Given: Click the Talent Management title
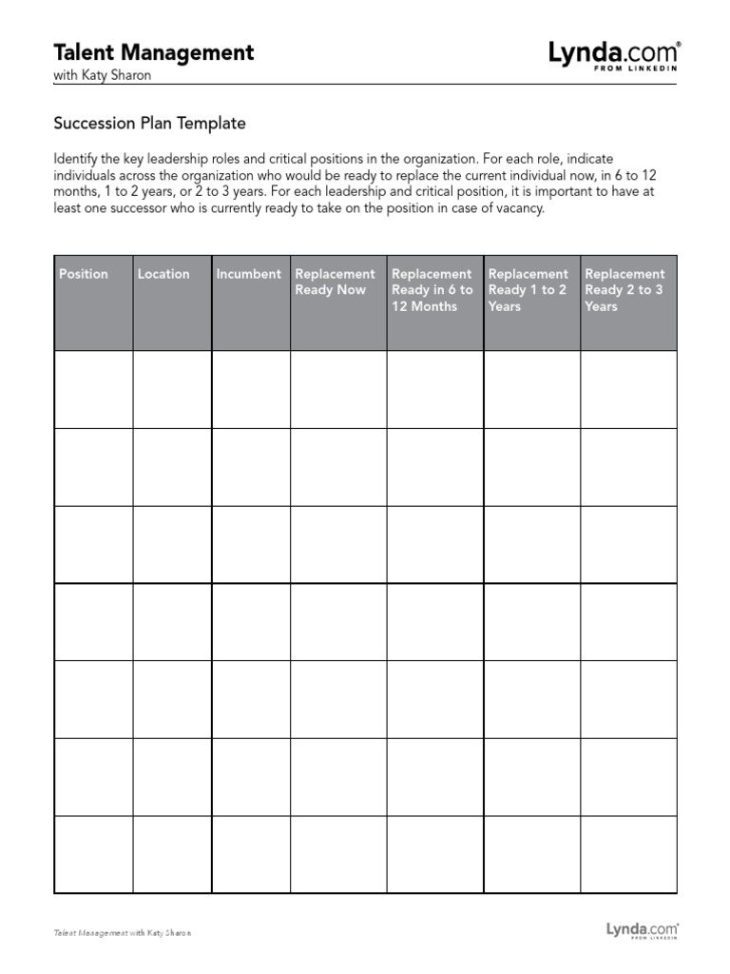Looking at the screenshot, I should [154, 52].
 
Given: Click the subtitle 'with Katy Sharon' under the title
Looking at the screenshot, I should [103, 75].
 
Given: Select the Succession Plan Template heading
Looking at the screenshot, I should [150, 123].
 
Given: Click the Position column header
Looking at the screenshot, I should [84, 274].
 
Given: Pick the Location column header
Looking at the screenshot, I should [163, 274].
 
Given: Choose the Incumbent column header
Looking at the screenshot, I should [248, 274].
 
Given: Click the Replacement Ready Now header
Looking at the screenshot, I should [336, 282].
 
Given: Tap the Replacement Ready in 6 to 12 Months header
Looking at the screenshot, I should [432, 290].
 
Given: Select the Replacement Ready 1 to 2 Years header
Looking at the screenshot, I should [528, 290].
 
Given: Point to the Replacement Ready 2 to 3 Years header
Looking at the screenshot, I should [625, 290].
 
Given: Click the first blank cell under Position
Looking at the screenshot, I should [93, 389].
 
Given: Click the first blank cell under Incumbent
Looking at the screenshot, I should [250, 389].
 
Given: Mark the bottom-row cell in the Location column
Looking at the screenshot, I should [171, 854].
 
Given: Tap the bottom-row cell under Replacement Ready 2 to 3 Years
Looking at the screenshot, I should [628, 854].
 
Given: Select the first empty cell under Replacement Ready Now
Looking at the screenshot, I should [338, 389].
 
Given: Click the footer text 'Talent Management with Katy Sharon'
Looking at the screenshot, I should [123, 933].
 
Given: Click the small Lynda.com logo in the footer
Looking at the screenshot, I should [643, 929].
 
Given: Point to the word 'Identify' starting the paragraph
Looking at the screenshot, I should [76, 159].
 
